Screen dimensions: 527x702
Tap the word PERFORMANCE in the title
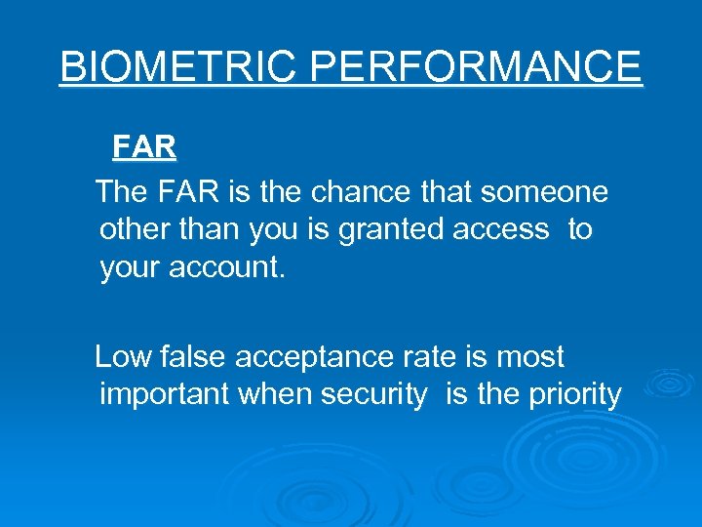[477, 67]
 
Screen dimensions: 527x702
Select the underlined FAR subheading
[144, 147]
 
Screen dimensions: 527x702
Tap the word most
[530, 357]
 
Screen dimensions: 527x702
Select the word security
[379, 394]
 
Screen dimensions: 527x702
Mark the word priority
[575, 394]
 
